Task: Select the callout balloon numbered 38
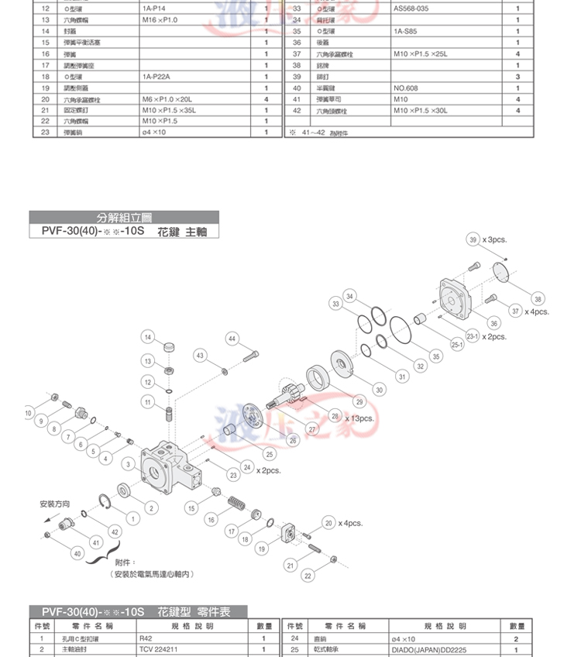[x=538, y=299]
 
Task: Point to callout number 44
[x=233, y=339]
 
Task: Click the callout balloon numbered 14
[x=147, y=337]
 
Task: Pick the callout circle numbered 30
[x=380, y=390]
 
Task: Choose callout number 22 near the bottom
[x=308, y=576]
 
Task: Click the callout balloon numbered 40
[x=77, y=553]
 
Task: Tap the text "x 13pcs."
[x=356, y=418]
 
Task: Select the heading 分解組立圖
[x=125, y=217]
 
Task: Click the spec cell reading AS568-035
[x=411, y=9]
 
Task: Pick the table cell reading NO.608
[x=405, y=88]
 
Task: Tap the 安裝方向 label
[x=55, y=504]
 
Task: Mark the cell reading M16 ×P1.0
[x=160, y=20]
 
